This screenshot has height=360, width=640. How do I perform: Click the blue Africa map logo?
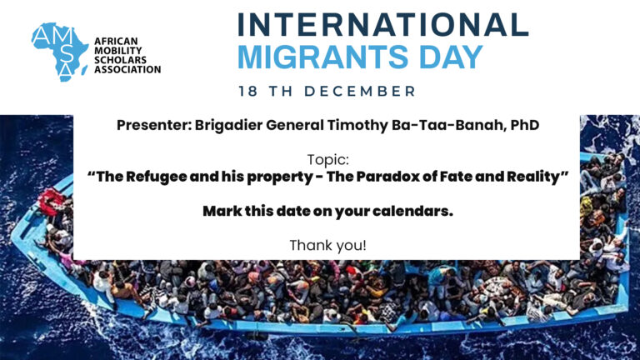tap(60, 52)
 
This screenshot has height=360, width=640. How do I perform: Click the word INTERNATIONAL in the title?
tap(382, 25)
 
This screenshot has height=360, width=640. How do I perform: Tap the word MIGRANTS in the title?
tap(322, 57)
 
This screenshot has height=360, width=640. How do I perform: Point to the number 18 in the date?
tap(247, 91)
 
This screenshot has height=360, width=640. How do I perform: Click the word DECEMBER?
tap(360, 91)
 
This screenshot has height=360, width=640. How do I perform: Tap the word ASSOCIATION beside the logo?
tap(127, 69)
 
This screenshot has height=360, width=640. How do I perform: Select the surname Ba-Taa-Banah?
tap(447, 125)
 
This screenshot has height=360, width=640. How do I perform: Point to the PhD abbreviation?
tap(525, 125)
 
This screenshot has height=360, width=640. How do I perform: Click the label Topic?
tap(328, 159)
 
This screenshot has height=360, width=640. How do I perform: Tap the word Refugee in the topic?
tap(156, 177)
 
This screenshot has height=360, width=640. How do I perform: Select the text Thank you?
tap(328, 246)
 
